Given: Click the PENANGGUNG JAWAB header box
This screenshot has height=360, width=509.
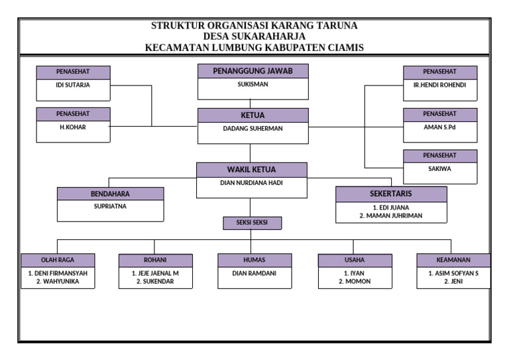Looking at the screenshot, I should click(252, 71).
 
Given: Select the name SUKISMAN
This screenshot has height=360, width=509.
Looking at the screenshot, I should click(252, 85).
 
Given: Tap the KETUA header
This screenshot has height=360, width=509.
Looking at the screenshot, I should click(252, 115).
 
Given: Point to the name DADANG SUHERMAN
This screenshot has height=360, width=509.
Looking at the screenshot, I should click(252, 129).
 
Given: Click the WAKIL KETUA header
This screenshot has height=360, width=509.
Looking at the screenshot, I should click(252, 170).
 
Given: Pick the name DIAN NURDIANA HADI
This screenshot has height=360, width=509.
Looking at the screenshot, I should click(252, 182).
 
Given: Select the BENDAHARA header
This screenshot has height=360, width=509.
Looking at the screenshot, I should click(110, 194).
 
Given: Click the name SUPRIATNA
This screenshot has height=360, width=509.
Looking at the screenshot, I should click(110, 206).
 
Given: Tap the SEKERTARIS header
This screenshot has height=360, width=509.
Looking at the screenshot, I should click(390, 194).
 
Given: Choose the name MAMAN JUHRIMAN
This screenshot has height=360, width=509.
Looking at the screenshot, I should click(390, 215).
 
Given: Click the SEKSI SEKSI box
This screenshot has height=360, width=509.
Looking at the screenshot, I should click(252, 222).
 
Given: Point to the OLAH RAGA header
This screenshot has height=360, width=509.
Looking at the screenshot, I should click(58, 260).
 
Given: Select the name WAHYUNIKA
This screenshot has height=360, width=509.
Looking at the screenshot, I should click(58, 281).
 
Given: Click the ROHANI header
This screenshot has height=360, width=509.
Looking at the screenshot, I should click(156, 260).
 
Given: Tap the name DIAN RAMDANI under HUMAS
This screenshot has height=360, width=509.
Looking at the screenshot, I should click(254, 273).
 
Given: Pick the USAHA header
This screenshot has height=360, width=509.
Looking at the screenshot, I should click(354, 260).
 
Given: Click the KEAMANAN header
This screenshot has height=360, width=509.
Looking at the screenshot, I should click(453, 260).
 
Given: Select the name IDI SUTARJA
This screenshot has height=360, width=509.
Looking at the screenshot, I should click(73, 85).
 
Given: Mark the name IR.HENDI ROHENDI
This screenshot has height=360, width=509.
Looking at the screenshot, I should click(440, 85).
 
